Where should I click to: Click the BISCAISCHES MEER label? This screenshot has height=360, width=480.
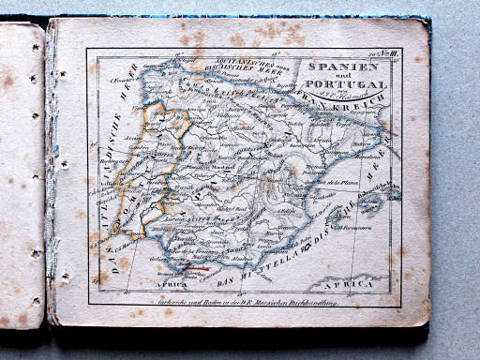tap(217, 67)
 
